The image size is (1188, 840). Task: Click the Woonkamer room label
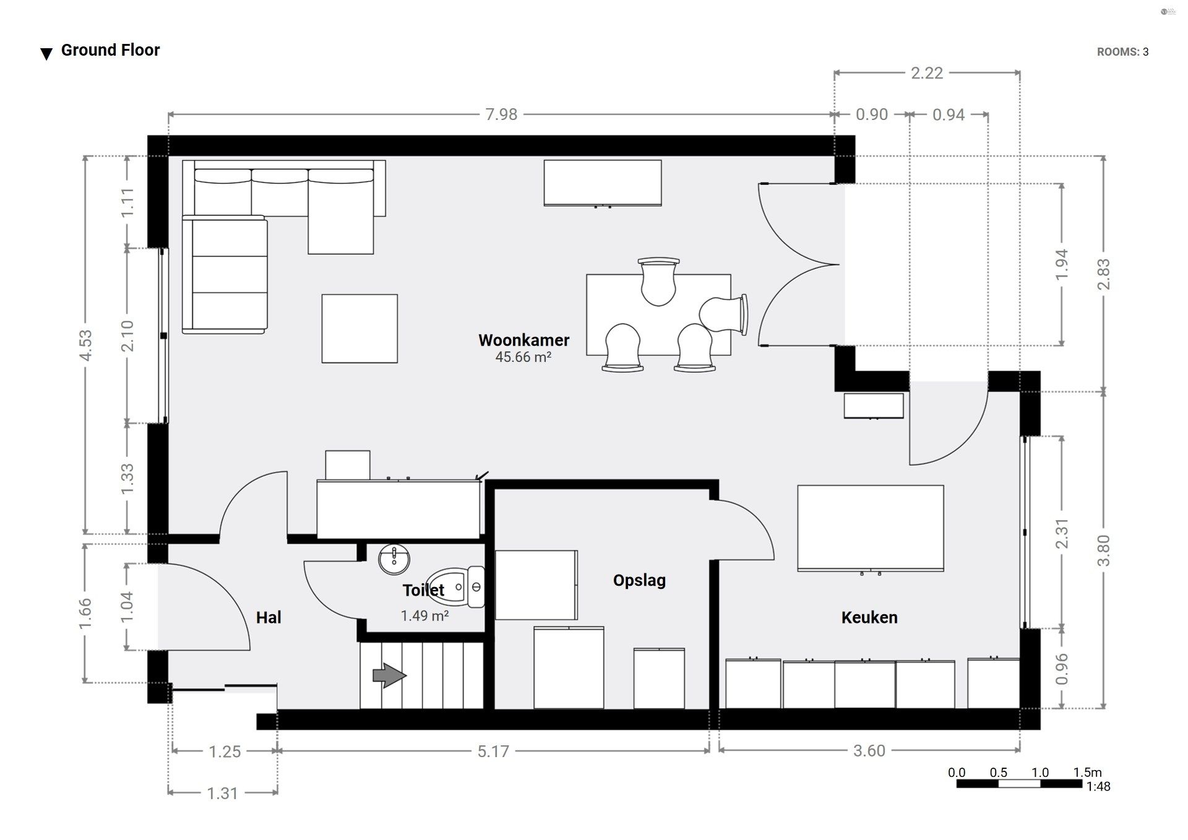[x=523, y=340]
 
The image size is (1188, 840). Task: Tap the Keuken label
[x=869, y=617]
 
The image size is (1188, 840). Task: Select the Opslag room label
[x=639, y=580]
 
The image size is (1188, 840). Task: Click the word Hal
[x=269, y=617]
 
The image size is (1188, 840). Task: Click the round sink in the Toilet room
[x=393, y=559]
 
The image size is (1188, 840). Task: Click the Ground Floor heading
[x=110, y=50]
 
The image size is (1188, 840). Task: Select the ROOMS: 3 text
[x=1122, y=52]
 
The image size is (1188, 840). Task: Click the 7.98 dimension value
[x=501, y=114]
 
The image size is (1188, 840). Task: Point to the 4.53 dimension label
[x=86, y=345]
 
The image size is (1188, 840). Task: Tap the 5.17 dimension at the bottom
[x=493, y=752]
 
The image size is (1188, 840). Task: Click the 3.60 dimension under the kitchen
[x=869, y=751]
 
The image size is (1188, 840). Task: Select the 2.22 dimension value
[x=927, y=73]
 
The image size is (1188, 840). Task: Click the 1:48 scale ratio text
[x=1098, y=787]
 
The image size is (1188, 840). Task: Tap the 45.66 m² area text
[x=523, y=357]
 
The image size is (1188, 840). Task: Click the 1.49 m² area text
[x=424, y=615]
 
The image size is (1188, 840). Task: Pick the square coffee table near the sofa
[x=359, y=328]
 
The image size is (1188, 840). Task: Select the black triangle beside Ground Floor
[x=46, y=54]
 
